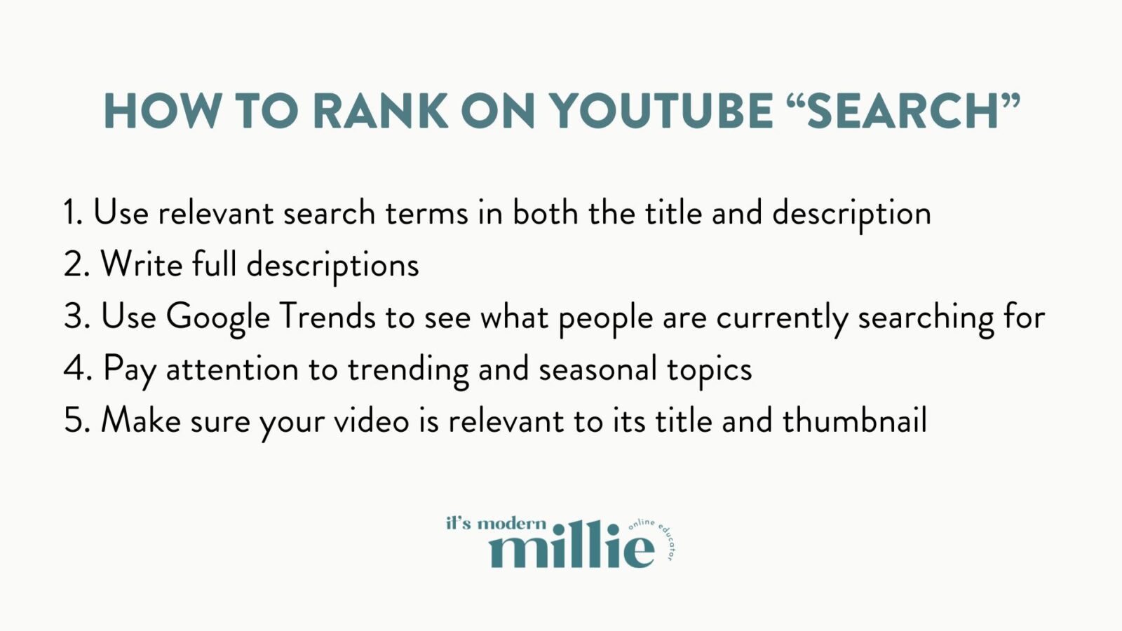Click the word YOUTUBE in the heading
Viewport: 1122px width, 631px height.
(x=661, y=111)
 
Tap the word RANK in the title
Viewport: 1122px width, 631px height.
(x=380, y=111)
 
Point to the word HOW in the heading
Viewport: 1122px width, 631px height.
(x=161, y=111)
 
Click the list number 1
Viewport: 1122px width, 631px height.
(x=72, y=212)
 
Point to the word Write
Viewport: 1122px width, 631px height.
(x=142, y=264)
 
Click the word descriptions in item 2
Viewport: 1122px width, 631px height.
(x=332, y=266)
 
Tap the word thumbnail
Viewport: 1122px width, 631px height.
(x=854, y=420)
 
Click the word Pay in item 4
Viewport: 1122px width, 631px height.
(x=130, y=369)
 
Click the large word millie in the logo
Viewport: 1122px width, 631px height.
(x=572, y=547)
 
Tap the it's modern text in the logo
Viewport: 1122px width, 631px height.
(x=496, y=523)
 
